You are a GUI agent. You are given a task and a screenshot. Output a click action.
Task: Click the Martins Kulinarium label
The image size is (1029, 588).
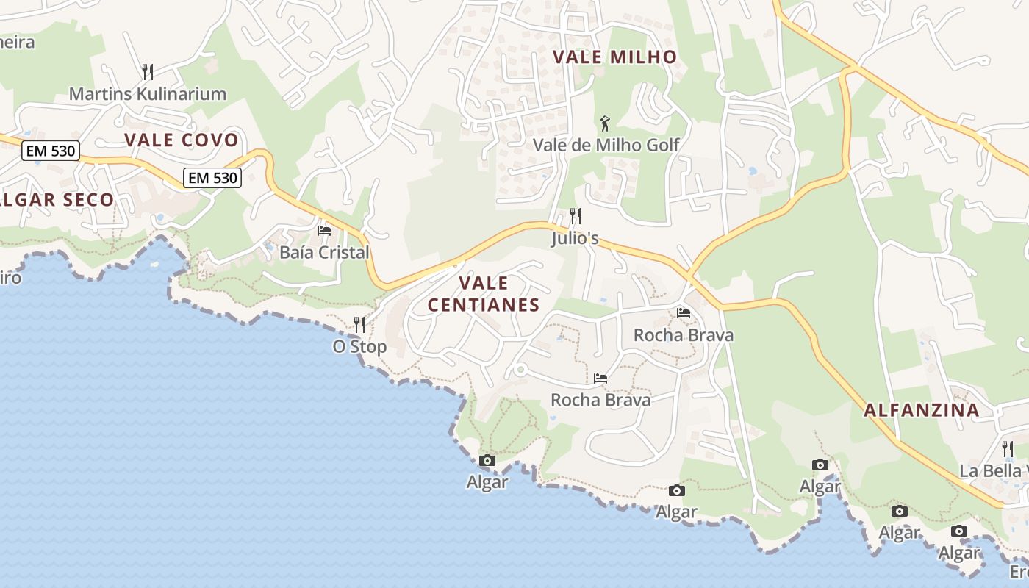coord(147,94)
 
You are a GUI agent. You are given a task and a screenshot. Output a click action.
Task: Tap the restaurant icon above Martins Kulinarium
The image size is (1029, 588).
coord(148,71)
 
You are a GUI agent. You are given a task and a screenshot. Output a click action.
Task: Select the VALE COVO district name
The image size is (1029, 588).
coord(181,140)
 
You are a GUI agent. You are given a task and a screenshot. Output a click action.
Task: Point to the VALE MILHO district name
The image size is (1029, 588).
coord(614,57)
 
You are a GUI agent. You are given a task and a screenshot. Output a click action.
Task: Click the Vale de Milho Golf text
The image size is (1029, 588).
coord(606,145)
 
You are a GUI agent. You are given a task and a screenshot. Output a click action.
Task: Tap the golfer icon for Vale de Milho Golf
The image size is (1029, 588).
coord(605,123)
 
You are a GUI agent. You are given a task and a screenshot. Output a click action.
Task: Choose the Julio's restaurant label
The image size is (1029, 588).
coord(575,239)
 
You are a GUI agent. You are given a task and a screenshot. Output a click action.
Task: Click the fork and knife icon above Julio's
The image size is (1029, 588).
coord(576,216)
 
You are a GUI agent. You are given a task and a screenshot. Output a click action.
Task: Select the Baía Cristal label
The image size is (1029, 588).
coord(324,252)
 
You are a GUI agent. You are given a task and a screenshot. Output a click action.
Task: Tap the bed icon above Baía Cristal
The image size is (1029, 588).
coord(324,231)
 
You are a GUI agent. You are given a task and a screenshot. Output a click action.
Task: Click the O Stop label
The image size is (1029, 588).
coord(359,346)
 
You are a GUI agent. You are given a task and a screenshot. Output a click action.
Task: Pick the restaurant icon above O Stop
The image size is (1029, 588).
coord(359,324)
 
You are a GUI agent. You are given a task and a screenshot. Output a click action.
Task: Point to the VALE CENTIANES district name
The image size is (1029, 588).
coord(484,294)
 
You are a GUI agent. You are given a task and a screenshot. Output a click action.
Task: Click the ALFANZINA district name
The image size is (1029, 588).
coord(922,410)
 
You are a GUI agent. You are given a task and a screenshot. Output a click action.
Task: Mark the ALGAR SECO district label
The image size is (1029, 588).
coord(57,200)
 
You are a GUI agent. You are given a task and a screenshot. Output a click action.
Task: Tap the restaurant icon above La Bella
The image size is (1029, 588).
coord(1008,448)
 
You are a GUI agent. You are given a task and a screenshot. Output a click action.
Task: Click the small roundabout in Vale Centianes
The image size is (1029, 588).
coord(520,369)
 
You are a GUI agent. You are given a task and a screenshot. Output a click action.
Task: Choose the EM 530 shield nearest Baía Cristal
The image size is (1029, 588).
coord(212,178)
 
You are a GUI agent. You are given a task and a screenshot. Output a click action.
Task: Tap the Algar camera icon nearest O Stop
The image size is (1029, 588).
coord(487,461)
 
